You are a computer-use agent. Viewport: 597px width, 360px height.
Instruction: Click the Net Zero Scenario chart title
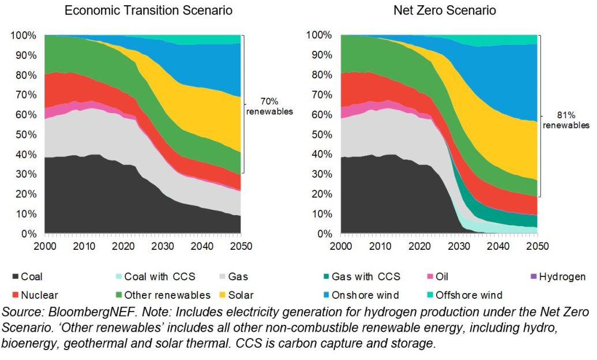444,10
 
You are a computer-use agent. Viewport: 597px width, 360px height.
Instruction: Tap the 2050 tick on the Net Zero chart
536,245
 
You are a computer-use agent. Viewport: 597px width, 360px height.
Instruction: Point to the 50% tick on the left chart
25,134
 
